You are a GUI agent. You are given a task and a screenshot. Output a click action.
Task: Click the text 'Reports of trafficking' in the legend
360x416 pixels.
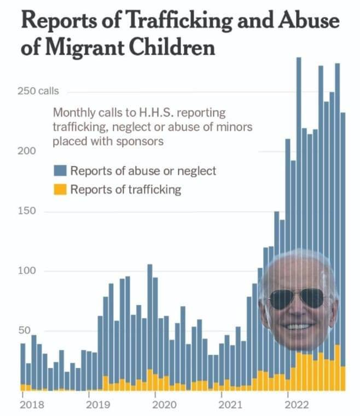[x=126, y=190]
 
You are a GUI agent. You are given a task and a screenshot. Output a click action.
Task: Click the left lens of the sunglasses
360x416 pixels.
[x=282, y=299]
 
